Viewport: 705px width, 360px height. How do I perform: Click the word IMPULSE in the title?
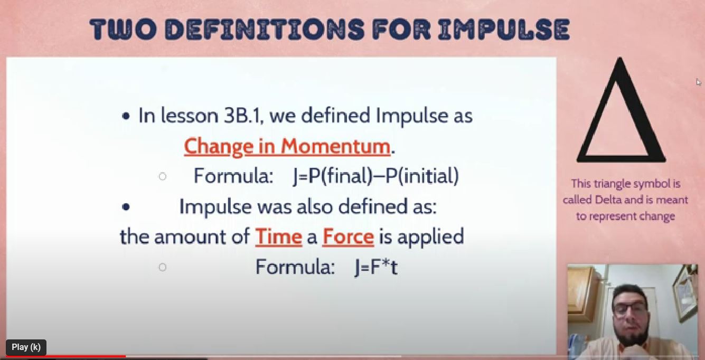tap(504, 29)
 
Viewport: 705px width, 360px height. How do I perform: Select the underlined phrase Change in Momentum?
tap(287, 147)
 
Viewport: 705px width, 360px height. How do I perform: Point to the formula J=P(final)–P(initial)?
tap(375, 176)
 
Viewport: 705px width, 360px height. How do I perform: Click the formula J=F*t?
tap(376, 267)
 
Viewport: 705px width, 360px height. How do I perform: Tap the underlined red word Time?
tap(278, 236)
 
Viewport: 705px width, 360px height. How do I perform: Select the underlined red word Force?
tap(349, 236)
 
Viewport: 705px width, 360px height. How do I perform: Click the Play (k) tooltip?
tap(26, 347)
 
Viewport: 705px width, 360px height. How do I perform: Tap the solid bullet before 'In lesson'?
tap(126, 117)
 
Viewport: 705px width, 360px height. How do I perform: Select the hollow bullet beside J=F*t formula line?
tap(163, 267)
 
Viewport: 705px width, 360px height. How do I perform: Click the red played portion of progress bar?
tap(66, 356)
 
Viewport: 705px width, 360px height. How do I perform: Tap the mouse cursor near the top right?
tap(698, 82)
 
